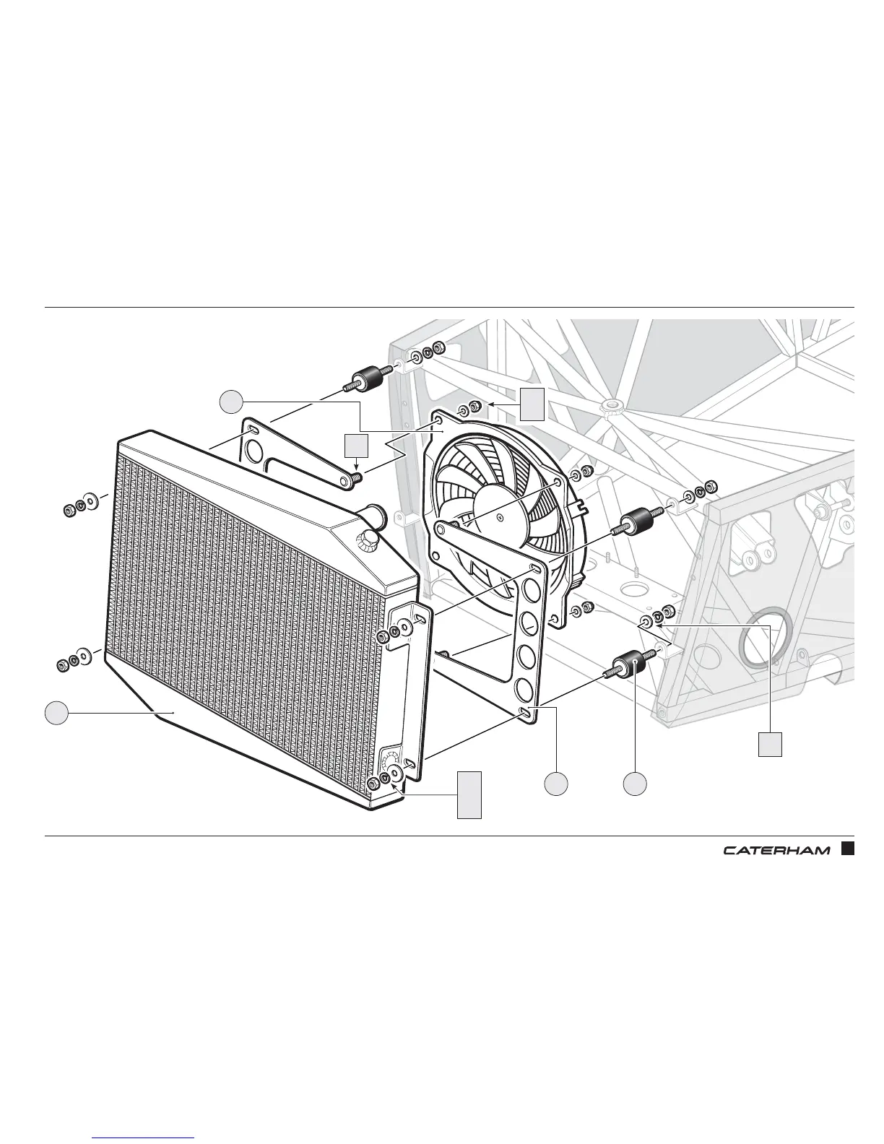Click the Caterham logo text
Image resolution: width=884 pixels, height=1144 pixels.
[x=776, y=850]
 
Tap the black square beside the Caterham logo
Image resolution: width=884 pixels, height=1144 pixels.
[x=848, y=849]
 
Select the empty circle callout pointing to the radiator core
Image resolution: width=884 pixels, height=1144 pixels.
[x=56, y=713]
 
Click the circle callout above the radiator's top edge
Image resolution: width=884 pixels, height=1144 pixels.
[x=231, y=401]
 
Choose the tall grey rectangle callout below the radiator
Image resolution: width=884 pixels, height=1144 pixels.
[x=469, y=794]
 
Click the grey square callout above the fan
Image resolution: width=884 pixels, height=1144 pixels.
[x=532, y=404]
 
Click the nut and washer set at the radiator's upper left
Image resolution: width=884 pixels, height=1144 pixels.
[x=79, y=504]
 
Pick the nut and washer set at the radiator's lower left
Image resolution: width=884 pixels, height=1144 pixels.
[x=73, y=660]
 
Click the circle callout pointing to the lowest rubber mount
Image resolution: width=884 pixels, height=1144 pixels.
[x=635, y=784]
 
